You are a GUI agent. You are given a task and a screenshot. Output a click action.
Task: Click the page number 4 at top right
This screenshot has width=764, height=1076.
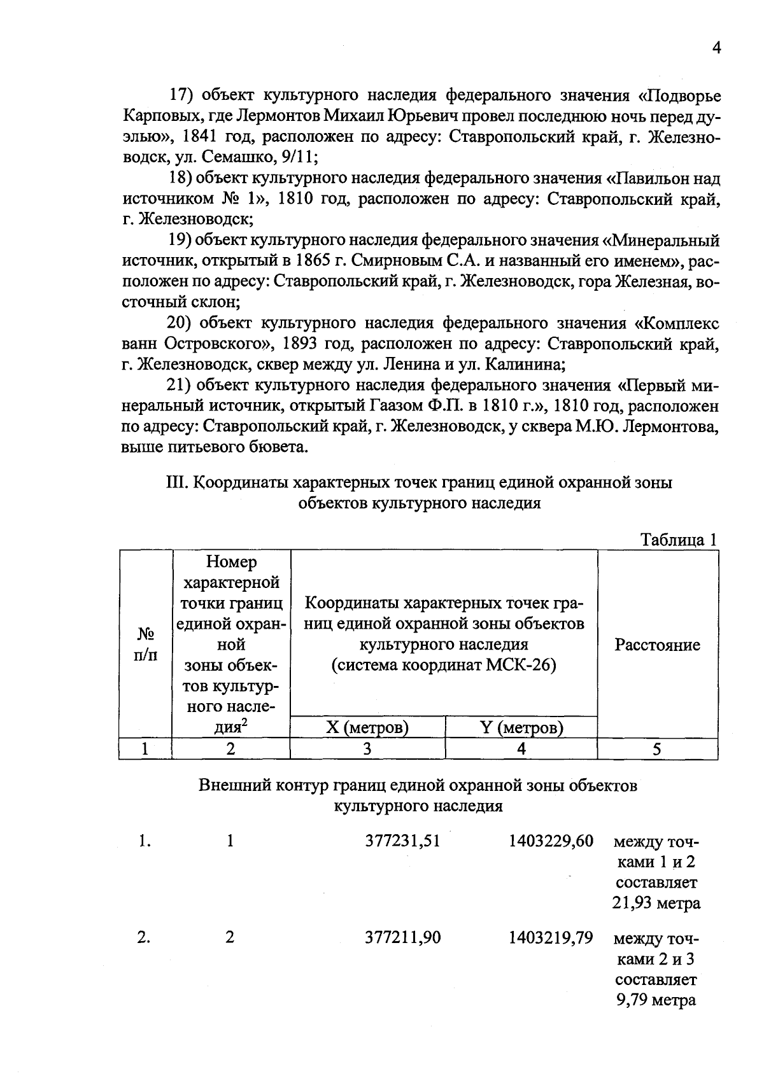point(716,49)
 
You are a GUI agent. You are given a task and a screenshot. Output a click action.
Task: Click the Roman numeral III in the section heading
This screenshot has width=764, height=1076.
point(174,482)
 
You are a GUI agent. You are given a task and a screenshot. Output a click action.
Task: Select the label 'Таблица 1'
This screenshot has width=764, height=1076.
point(679,540)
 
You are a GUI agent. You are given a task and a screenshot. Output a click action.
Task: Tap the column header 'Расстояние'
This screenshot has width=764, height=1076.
point(657,645)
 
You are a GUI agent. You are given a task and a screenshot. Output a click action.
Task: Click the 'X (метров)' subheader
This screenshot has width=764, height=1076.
point(367,727)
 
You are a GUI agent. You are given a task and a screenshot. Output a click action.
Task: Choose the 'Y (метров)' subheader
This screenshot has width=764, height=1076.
point(521,727)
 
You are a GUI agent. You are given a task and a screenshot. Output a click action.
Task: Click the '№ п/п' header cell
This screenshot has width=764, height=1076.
point(145,645)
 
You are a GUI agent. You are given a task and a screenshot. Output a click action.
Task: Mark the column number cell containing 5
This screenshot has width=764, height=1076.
point(657,749)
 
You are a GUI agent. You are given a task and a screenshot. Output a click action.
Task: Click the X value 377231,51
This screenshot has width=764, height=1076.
point(402,841)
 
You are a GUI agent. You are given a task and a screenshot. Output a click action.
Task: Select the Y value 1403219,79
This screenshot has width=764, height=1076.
point(551,937)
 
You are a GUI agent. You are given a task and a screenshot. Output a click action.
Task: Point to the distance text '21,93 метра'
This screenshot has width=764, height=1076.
point(656,903)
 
